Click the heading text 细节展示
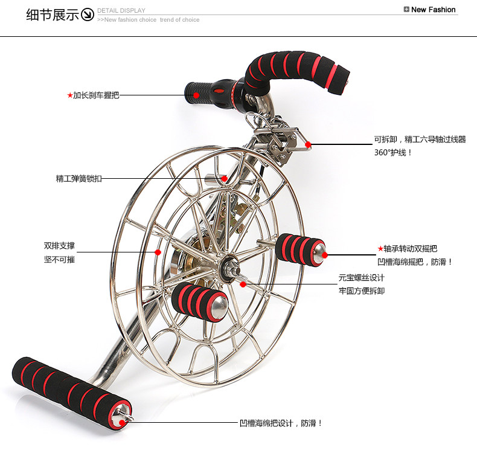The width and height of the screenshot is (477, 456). (x=53, y=14)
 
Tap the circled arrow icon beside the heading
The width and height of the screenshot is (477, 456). (x=88, y=14)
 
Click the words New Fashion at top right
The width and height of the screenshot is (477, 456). (x=433, y=10)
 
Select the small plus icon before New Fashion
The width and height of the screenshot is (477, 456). (x=406, y=10)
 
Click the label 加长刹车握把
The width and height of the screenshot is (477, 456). (x=96, y=95)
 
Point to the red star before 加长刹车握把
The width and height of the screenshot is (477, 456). (x=70, y=95)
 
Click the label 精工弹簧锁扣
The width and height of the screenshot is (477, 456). (x=79, y=178)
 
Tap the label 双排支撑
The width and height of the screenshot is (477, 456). (x=59, y=246)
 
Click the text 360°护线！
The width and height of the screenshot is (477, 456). (x=393, y=152)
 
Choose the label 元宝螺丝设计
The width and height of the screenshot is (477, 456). (x=361, y=278)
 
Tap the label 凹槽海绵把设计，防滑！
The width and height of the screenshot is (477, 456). (x=281, y=423)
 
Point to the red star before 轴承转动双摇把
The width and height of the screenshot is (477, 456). (x=380, y=248)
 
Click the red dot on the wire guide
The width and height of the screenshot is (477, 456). (x=308, y=145)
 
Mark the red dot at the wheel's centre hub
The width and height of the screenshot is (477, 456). (x=243, y=283)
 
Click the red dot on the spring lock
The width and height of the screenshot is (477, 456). (x=224, y=178)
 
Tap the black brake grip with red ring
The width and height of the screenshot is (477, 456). (x=208, y=94)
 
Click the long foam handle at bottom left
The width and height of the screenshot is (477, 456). (x=69, y=390)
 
